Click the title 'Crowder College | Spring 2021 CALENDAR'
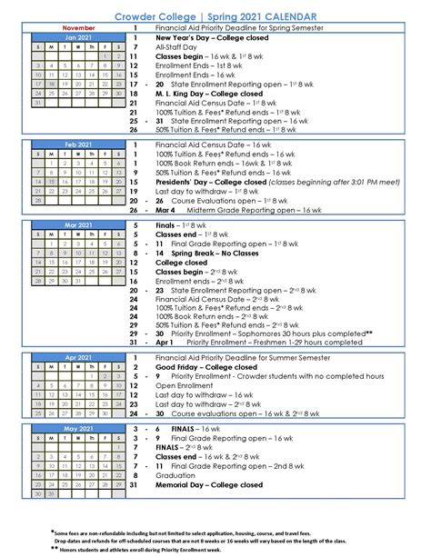coord(215,17)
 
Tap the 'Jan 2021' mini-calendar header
coord(76,37)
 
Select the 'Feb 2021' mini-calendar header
coord(76,144)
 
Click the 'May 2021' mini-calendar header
coord(76,427)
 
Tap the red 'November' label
coord(76,28)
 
